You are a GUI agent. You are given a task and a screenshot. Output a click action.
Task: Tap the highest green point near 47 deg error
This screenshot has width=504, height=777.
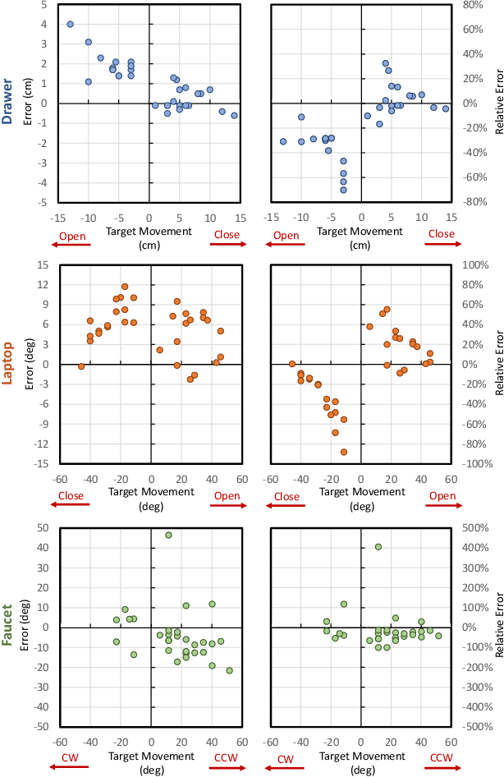point(168,535)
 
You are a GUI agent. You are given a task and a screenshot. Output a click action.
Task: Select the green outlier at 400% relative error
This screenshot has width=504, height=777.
point(378,547)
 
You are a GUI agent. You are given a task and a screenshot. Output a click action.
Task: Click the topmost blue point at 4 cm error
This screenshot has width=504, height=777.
point(71,25)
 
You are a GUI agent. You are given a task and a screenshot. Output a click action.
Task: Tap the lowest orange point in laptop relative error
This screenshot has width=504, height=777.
point(344,452)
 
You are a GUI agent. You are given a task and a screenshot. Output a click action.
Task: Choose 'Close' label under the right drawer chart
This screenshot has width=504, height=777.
point(441,235)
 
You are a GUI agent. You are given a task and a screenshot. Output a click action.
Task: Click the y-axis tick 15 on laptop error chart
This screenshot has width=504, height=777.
point(44,265)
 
